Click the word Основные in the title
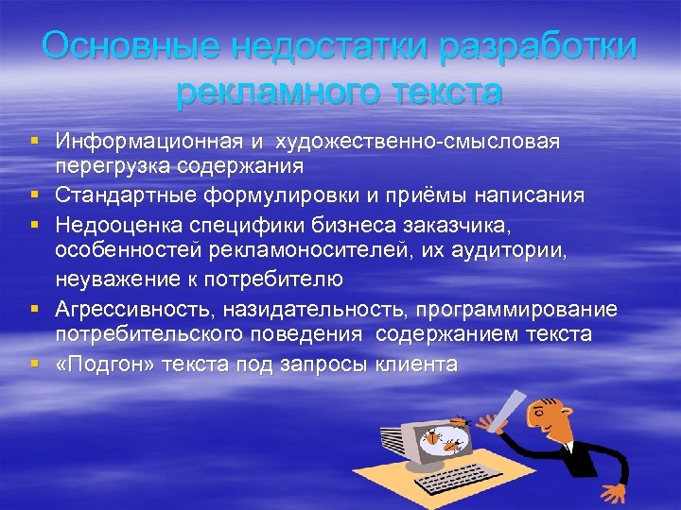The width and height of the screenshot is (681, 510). (x=122, y=46)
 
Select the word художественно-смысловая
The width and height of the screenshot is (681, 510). (x=417, y=142)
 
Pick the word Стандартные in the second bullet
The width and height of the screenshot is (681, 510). (x=126, y=195)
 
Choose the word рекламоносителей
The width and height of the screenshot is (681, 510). (x=312, y=250)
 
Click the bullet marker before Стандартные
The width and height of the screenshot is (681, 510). (x=34, y=195)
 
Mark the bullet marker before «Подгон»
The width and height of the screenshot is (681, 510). (x=34, y=364)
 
